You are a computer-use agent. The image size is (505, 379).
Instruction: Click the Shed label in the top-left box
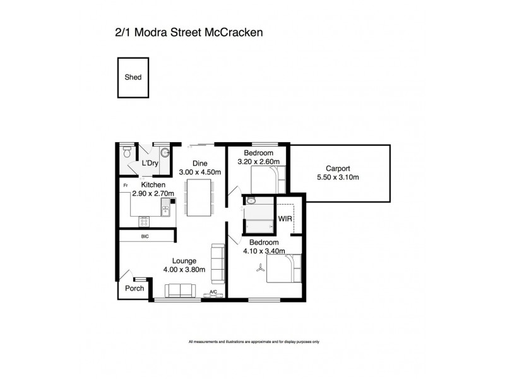pyautogui.click(x=133, y=78)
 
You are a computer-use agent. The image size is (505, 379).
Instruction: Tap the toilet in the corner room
pyautogui.click(x=127, y=152)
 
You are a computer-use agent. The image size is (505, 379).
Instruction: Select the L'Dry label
pyautogui.click(x=150, y=164)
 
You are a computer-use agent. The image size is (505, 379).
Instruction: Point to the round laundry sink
pyautogui.click(x=165, y=152)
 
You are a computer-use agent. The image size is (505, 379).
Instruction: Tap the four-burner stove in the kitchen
pyautogui.click(x=145, y=221)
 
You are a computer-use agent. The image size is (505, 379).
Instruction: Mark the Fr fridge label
pyautogui.click(x=126, y=184)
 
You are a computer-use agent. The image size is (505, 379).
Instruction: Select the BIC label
pyautogui.click(x=145, y=236)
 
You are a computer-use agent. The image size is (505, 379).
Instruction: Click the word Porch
pyautogui.click(x=134, y=289)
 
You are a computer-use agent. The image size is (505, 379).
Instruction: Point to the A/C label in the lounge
pyautogui.click(x=213, y=292)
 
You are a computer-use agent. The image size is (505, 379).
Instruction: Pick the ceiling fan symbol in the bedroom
pyautogui.click(x=259, y=268)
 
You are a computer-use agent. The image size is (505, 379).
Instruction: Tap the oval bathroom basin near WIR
pyautogui.click(x=251, y=200)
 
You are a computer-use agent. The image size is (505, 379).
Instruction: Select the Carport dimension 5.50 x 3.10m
pyautogui.click(x=338, y=177)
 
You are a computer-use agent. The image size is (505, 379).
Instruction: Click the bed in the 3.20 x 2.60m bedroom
pyautogui.click(x=269, y=179)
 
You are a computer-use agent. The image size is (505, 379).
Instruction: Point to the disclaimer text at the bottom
pyautogui.click(x=254, y=342)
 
